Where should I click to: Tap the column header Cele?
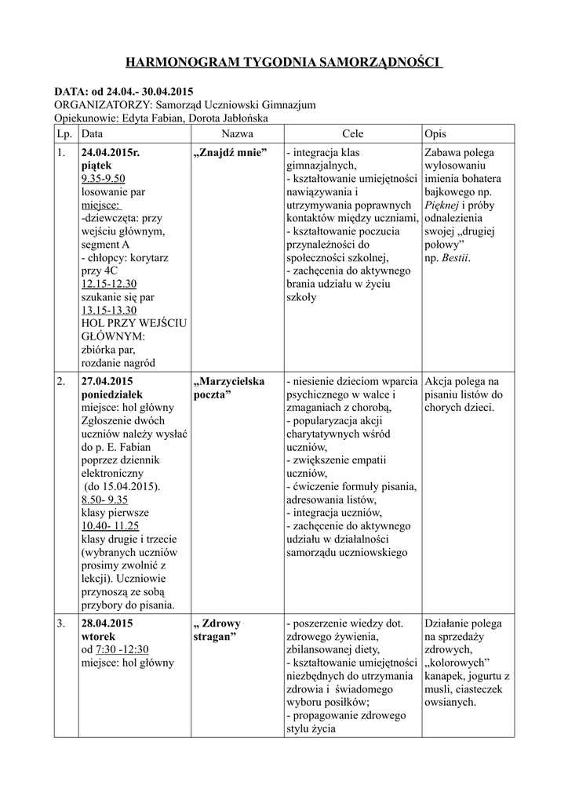click(352, 134)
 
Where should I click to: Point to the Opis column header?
click(435, 134)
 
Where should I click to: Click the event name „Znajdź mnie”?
click(230, 152)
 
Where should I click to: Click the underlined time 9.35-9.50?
click(103, 179)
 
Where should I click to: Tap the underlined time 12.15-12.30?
click(109, 284)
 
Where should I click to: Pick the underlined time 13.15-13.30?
click(109, 310)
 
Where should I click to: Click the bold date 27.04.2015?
click(107, 381)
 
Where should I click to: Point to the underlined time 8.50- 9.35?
click(104, 499)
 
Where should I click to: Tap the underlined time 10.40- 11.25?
click(110, 525)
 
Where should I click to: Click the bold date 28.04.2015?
click(107, 623)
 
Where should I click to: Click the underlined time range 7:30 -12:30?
click(122, 649)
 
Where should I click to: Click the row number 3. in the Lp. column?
click(61, 623)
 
